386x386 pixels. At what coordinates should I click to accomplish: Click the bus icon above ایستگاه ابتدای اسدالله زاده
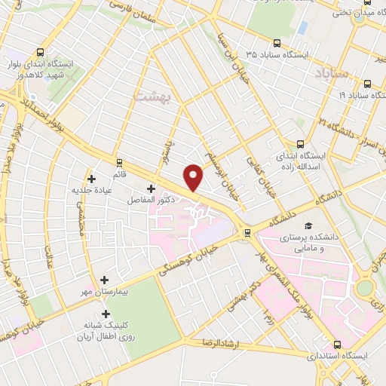301,143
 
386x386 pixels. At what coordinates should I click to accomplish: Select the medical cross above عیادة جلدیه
92,179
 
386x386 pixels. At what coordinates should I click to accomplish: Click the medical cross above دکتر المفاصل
151,188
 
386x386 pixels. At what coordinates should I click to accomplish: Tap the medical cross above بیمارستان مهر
104,279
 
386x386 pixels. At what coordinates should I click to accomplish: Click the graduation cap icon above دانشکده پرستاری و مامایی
308,225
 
